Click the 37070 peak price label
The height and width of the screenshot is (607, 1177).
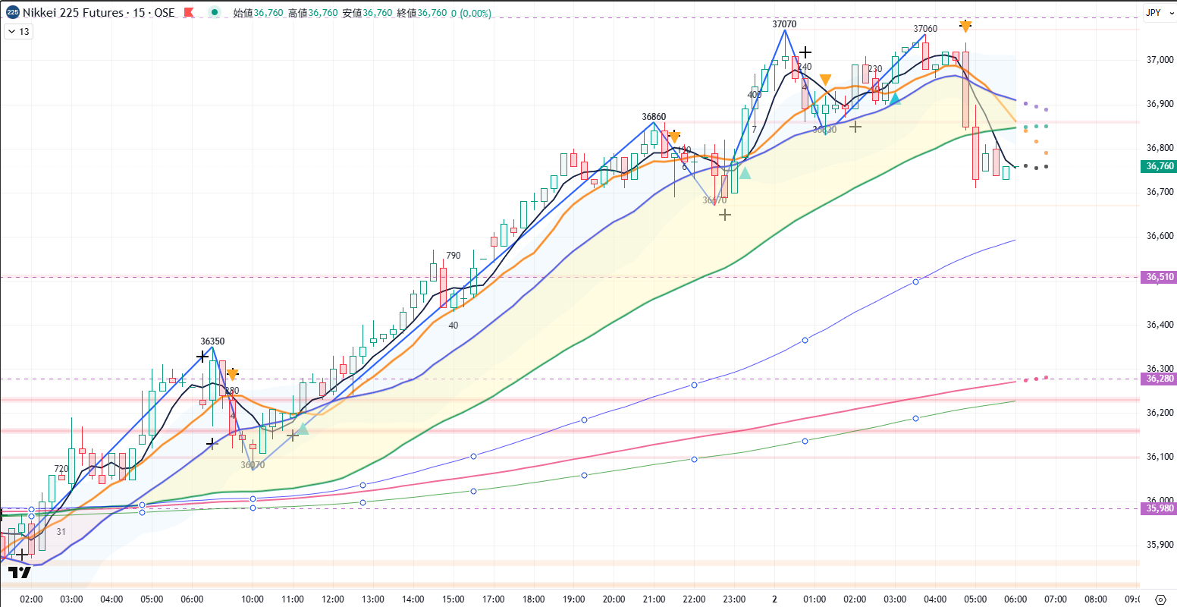tap(784, 24)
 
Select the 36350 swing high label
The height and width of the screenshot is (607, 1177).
tap(212, 341)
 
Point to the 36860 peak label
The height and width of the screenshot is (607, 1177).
tap(654, 117)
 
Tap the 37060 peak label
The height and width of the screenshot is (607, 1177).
tap(925, 29)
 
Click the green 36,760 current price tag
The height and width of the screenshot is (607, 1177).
tap(1160, 166)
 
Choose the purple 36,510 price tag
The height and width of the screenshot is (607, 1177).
tap(1160, 277)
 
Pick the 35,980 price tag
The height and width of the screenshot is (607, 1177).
tap(1160, 508)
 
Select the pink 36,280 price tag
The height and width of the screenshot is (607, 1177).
tap(1160, 379)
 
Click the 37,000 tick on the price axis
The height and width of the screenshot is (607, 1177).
tap(1160, 60)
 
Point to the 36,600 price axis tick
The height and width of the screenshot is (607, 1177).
tap(1160, 236)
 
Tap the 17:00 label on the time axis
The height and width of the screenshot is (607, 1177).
tap(494, 599)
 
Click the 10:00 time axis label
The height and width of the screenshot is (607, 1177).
tap(253, 599)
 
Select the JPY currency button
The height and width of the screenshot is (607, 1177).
tap(1153, 12)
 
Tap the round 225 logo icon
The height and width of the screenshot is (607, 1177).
tap(13, 13)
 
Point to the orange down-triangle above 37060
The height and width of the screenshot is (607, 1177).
tap(965, 27)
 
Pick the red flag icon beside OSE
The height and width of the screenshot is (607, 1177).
tap(189, 13)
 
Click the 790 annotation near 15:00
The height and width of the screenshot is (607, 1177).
tap(454, 256)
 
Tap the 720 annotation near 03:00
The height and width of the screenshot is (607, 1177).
tap(61, 469)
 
